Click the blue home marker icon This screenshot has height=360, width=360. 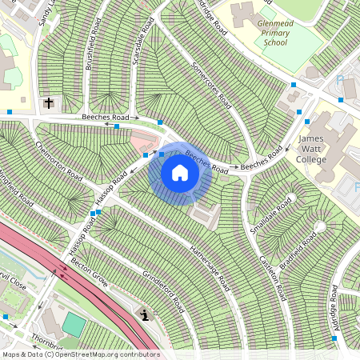(x=180, y=173)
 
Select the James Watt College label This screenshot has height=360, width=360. (x=311, y=149)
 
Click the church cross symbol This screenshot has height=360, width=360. (x=50, y=103)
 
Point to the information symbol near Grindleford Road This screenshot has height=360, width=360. (x=143, y=314)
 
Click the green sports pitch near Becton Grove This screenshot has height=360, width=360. (x=74, y=324)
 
